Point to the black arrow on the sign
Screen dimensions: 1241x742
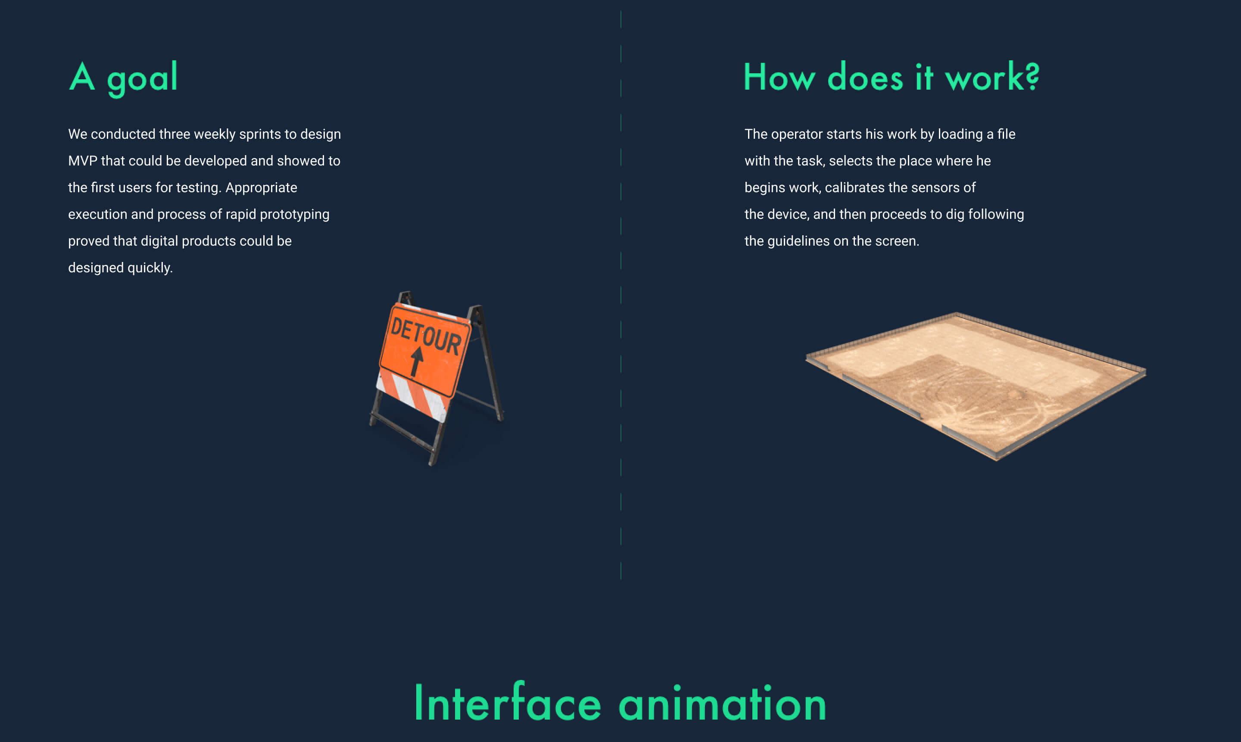pyautogui.click(x=416, y=362)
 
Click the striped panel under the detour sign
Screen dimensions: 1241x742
pyautogui.click(x=411, y=395)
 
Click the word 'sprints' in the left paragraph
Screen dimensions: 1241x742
pyautogui.click(x=260, y=134)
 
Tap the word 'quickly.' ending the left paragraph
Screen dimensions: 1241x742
pyautogui.click(x=150, y=268)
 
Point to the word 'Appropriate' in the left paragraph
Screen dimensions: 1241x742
pyautogui.click(x=261, y=188)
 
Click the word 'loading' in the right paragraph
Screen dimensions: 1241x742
pyautogui.click(x=960, y=134)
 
